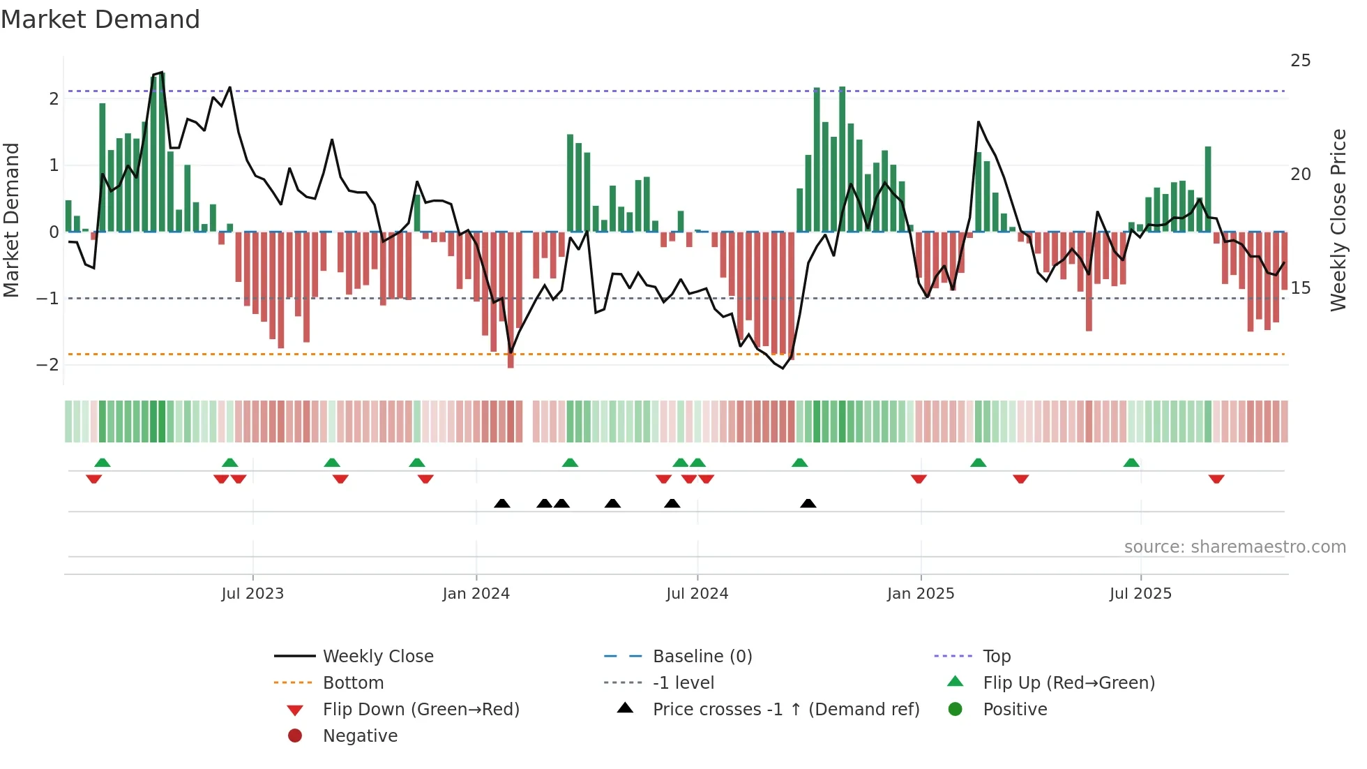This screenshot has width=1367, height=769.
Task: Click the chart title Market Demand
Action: (100, 20)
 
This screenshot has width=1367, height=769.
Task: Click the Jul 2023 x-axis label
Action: (252, 594)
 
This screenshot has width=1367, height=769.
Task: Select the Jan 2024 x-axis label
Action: (476, 594)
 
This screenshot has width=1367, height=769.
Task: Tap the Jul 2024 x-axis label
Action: (697, 594)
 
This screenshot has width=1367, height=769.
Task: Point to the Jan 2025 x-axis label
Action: (921, 594)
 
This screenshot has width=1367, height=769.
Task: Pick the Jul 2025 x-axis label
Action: (1141, 594)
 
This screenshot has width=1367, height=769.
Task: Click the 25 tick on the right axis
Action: (1300, 61)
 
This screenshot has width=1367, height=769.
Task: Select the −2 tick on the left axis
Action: (48, 365)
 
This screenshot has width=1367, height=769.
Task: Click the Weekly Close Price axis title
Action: (1338, 220)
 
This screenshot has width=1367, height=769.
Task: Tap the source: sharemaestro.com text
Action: (1234, 547)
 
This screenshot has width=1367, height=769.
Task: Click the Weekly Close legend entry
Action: (377, 657)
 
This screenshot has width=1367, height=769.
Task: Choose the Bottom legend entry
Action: (353, 683)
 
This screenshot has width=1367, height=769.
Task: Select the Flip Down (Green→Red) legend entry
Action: (421, 710)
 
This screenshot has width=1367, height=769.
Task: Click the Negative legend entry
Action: (360, 736)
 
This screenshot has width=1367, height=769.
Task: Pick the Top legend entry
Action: (997, 657)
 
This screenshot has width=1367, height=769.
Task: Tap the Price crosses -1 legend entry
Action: (785, 710)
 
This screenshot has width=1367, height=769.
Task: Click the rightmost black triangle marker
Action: (808, 504)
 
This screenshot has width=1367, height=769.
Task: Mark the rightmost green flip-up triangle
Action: (1131, 463)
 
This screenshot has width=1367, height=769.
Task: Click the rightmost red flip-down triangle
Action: (1216, 479)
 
